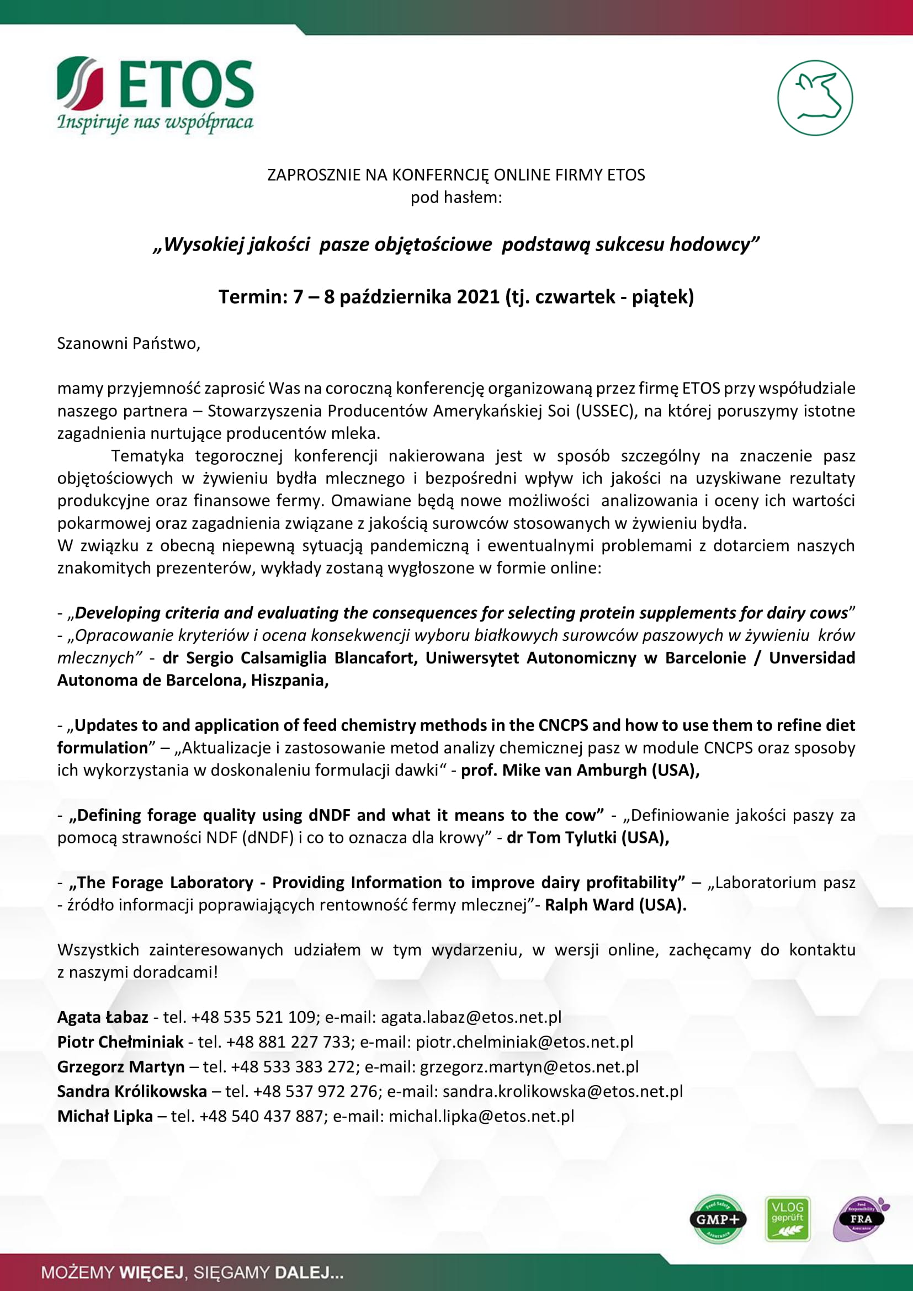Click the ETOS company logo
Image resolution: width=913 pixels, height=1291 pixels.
155,84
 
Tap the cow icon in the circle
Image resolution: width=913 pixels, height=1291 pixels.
815,98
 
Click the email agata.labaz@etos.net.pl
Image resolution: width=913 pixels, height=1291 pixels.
471,1017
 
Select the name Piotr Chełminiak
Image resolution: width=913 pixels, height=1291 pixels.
120,1042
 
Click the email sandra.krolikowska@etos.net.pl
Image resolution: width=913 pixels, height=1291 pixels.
562,1091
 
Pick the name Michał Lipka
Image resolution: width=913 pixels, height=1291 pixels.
105,1116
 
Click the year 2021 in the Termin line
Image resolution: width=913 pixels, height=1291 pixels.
478,296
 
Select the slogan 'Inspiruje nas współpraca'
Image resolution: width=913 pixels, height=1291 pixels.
155,123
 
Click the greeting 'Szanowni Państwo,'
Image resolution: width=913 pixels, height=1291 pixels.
129,343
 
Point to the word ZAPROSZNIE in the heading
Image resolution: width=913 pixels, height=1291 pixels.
313,175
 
